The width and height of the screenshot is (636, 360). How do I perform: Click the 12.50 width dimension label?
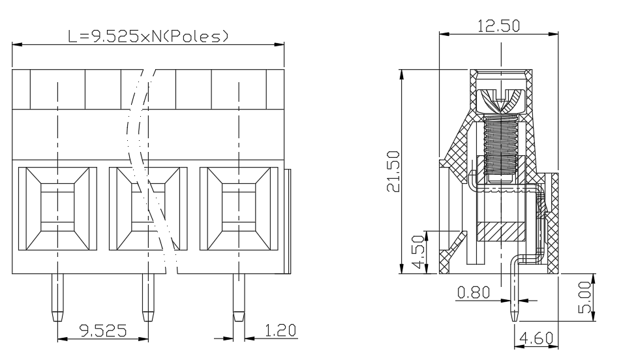[498, 26]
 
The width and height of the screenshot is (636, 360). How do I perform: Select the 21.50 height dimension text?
[393, 171]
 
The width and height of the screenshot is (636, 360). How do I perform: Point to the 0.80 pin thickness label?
[474, 292]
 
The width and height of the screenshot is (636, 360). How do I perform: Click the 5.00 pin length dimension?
[585, 297]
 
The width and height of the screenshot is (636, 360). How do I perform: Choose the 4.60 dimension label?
[537, 338]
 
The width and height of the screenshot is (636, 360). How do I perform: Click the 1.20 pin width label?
[280, 331]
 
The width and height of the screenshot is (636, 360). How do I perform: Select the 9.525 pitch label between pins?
[103, 331]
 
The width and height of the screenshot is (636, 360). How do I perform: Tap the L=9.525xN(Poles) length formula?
[148, 37]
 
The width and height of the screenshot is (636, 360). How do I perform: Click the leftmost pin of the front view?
[57, 297]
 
